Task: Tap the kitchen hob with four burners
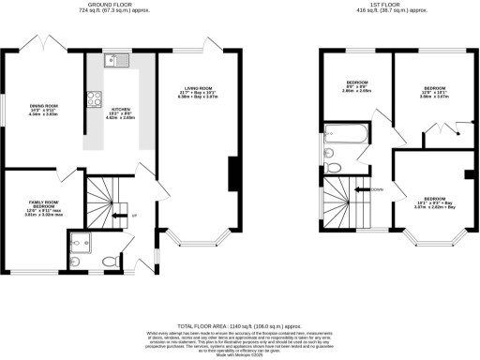click(x=95, y=98)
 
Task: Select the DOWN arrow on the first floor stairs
click(x=374, y=190)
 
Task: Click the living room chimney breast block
click(x=232, y=172)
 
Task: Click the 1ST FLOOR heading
click(x=384, y=7)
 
